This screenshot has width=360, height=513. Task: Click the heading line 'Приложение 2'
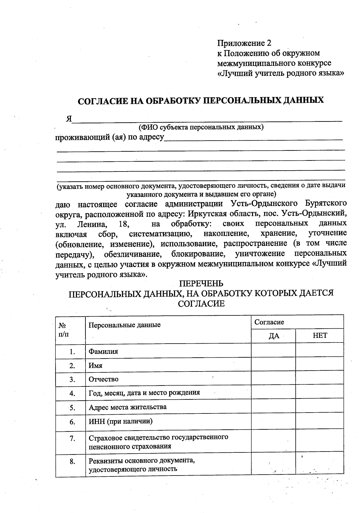point(244,43)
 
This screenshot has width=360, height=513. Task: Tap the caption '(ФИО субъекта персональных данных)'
point(201,127)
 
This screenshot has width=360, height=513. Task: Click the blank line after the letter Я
point(207,119)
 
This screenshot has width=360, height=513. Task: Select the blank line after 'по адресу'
point(253,138)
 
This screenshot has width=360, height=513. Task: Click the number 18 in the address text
point(124,224)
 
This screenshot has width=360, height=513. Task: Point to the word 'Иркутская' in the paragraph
point(198,213)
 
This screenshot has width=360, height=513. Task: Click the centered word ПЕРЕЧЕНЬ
point(201,283)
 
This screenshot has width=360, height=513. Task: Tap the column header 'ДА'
point(273,336)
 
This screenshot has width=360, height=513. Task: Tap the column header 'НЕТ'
point(320,336)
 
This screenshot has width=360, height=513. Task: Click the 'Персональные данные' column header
point(124,325)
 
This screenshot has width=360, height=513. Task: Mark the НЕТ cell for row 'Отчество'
point(320,379)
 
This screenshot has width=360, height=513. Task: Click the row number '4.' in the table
point(72,393)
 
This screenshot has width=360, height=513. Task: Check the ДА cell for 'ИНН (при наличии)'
point(273,422)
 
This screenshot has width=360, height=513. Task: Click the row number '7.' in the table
point(72,439)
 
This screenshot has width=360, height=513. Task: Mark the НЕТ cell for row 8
point(320,465)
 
